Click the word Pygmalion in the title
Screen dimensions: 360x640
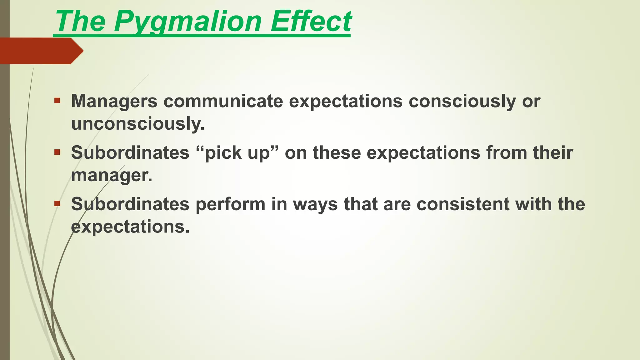tap(187, 22)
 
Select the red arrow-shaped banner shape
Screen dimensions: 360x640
tap(41, 51)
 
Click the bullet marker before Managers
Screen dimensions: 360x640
tap(57, 101)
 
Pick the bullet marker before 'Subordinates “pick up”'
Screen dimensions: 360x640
tap(57, 152)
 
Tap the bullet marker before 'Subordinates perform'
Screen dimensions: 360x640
tap(57, 204)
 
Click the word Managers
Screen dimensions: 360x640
tap(114, 101)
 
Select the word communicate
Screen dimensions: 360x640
tap(223, 101)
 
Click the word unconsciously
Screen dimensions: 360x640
tap(137, 124)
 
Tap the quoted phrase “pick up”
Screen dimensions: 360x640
tap(238, 153)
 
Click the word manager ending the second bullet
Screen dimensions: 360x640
tap(111, 175)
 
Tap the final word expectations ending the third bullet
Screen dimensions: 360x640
tap(130, 227)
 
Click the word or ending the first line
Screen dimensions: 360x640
tap(531, 101)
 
